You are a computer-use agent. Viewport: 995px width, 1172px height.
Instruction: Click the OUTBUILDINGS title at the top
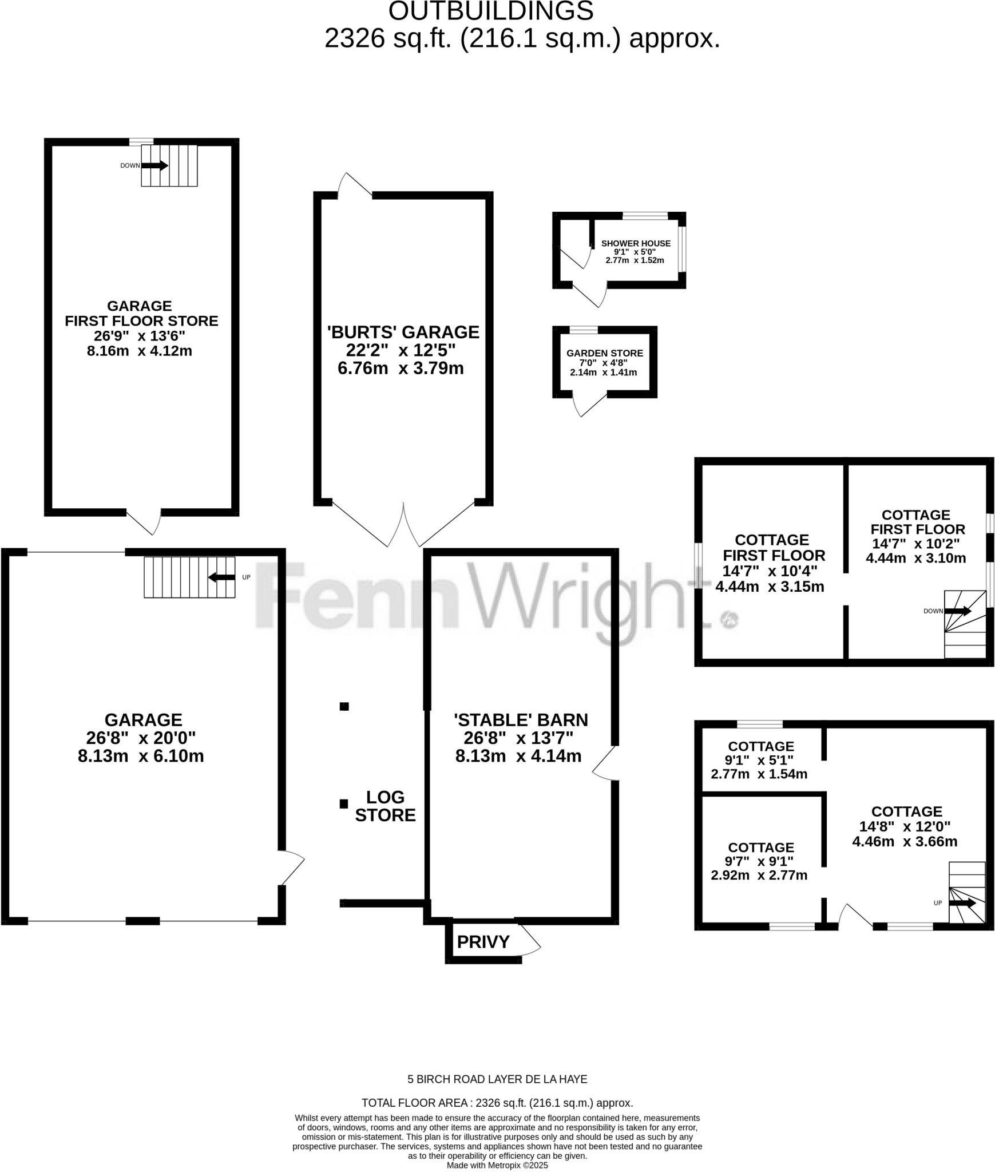(x=491, y=11)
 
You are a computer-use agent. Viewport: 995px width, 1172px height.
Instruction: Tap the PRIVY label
(x=483, y=941)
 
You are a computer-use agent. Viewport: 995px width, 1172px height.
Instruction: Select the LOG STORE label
(x=385, y=806)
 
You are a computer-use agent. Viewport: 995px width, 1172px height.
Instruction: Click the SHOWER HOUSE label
(x=636, y=243)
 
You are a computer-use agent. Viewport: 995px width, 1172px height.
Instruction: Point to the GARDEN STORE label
(x=605, y=353)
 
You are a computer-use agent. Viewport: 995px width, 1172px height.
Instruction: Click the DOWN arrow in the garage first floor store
(x=154, y=165)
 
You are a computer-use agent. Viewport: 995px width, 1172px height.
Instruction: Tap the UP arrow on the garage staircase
(x=221, y=577)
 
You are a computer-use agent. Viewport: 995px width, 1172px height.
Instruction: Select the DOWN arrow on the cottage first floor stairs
(x=958, y=611)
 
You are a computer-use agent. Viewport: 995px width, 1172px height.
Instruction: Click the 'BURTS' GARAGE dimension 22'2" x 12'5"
(x=401, y=350)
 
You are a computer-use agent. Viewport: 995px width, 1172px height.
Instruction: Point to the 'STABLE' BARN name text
(x=521, y=719)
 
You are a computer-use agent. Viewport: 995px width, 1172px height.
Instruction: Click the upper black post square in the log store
(x=344, y=706)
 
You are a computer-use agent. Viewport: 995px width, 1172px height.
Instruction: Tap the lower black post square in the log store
(x=344, y=804)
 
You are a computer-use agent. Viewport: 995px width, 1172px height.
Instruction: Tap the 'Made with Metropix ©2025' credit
(x=497, y=1165)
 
